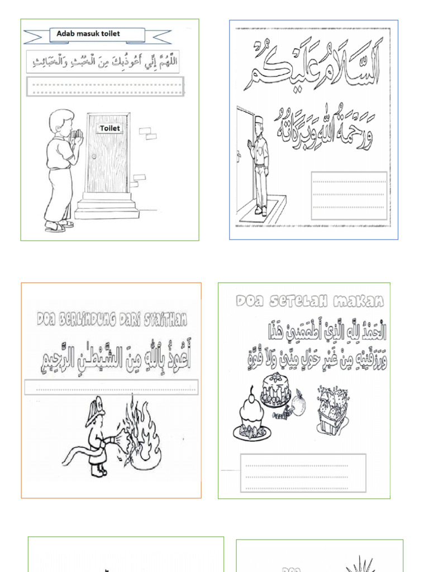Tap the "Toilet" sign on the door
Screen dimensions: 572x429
point(109,128)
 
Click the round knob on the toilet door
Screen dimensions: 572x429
point(93,156)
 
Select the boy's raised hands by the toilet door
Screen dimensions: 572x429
point(78,137)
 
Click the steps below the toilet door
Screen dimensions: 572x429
point(106,207)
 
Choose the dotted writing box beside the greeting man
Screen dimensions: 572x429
point(349,194)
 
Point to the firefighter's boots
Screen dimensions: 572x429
point(99,471)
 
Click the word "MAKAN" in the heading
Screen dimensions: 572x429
point(361,301)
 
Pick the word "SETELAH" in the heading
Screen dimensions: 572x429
point(301,301)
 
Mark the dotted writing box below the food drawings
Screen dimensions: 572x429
point(303,473)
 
